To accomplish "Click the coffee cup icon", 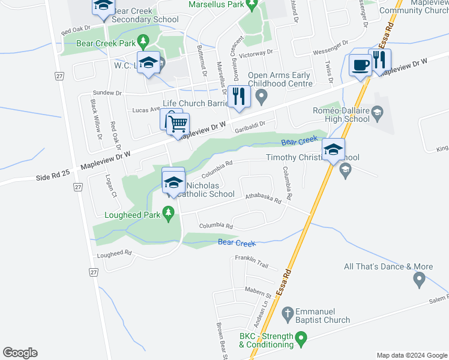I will coord(360,64).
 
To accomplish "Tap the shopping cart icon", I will coord(178,123).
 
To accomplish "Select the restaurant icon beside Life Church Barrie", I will coord(239,96).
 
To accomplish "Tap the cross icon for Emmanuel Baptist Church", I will coord(288,313).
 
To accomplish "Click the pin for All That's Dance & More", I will coord(419,279).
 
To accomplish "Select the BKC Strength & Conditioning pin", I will coord(303,340).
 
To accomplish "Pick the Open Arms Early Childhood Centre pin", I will coord(261,95).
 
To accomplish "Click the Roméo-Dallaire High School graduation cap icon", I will coord(377,111).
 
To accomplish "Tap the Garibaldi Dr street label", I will coord(258,124).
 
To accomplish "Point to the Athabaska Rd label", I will coord(263,198).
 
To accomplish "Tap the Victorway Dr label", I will coord(256,53).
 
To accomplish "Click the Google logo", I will coord(20,353).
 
